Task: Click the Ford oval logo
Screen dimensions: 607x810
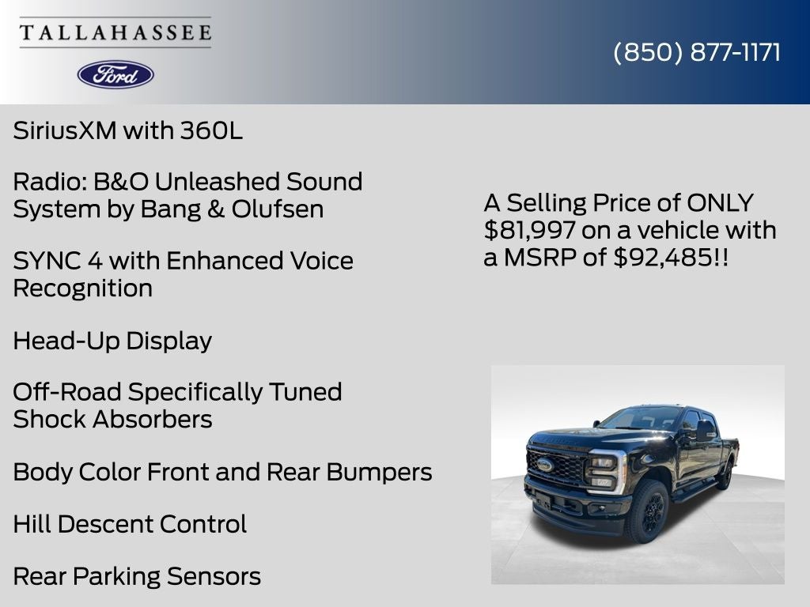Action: (x=115, y=74)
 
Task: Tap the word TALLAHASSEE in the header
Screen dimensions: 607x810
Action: (x=115, y=33)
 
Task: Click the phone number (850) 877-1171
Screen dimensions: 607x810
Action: (x=697, y=52)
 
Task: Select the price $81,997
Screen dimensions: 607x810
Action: (x=529, y=230)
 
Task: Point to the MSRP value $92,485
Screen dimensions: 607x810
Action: (x=663, y=257)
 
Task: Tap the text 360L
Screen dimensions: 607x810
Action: (x=211, y=130)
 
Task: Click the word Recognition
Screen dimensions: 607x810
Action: (x=82, y=288)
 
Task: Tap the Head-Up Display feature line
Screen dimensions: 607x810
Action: (x=112, y=341)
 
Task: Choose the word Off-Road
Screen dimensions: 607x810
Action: (x=67, y=392)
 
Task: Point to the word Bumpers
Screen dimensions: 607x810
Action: (x=380, y=472)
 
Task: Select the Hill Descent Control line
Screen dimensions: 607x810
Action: (x=130, y=524)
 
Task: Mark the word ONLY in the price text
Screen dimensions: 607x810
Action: (x=720, y=203)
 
